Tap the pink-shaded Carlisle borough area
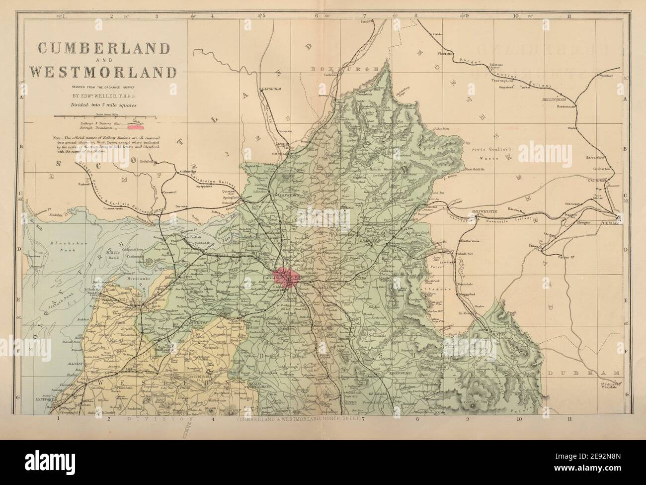coord(285,276)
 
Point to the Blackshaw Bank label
coord(64,246)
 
